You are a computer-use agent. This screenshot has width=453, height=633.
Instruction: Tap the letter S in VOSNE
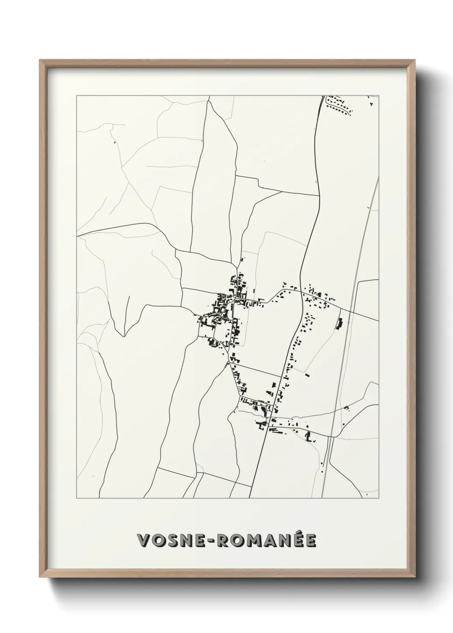click(173, 541)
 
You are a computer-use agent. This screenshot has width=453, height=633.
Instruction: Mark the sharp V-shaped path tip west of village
click(124, 336)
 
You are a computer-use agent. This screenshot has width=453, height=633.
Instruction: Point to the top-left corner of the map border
click(77, 95)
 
